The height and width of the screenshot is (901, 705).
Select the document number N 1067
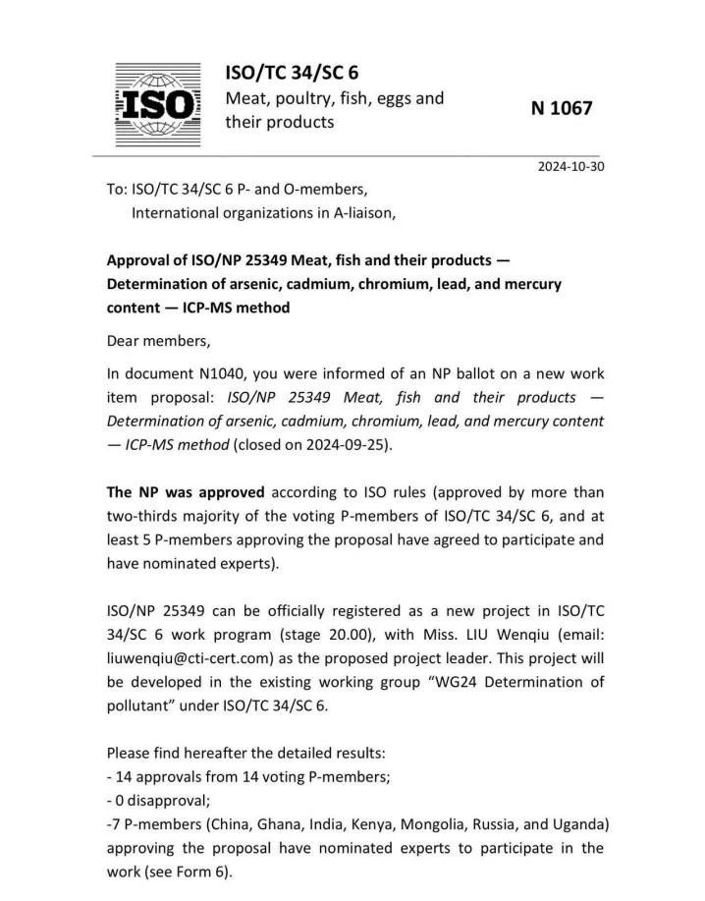point(562,109)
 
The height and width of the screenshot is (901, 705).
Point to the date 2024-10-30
point(571,166)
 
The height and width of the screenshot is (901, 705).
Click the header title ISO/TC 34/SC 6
point(292,73)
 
